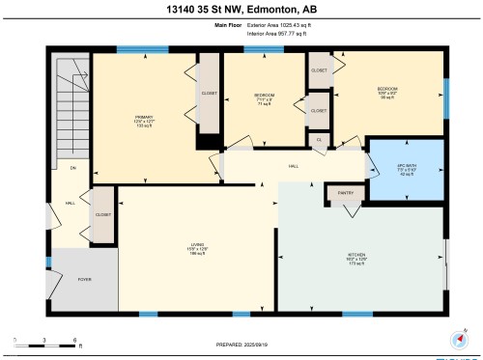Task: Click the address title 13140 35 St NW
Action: point(241,11)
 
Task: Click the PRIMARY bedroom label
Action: point(144,119)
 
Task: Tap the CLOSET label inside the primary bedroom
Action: point(209,94)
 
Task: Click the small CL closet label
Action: point(319,140)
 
